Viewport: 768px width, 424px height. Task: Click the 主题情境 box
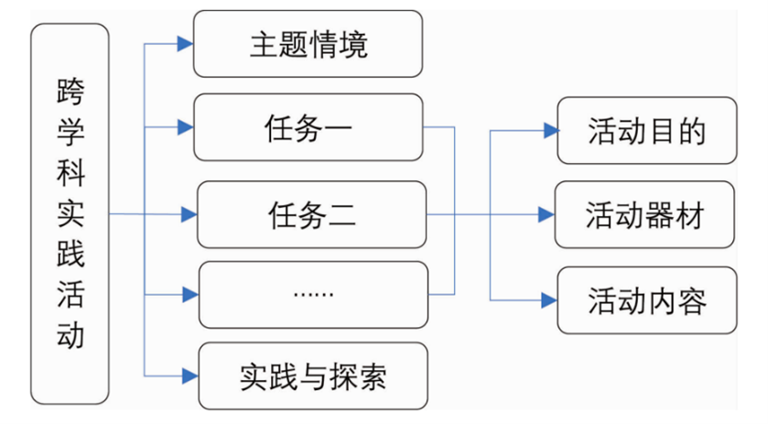click(308, 44)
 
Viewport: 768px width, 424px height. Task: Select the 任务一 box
click(308, 127)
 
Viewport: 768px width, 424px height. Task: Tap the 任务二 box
click(312, 215)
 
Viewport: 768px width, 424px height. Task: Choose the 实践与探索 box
click(312, 375)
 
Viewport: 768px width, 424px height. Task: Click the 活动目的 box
click(646, 131)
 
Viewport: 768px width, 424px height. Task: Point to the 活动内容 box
click(646, 300)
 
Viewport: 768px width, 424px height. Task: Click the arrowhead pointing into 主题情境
click(187, 43)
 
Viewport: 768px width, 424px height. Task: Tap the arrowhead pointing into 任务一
click(187, 127)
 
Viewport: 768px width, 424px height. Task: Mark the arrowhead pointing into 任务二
click(189, 215)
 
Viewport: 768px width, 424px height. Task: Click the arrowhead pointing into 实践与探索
click(189, 375)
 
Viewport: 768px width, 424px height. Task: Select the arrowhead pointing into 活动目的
click(550, 131)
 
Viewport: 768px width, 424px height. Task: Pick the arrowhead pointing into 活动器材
click(546, 215)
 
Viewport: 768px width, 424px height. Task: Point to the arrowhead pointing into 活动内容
click(550, 299)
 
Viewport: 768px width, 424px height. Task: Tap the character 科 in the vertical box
click(70, 174)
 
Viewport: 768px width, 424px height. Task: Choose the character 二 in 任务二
click(342, 216)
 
